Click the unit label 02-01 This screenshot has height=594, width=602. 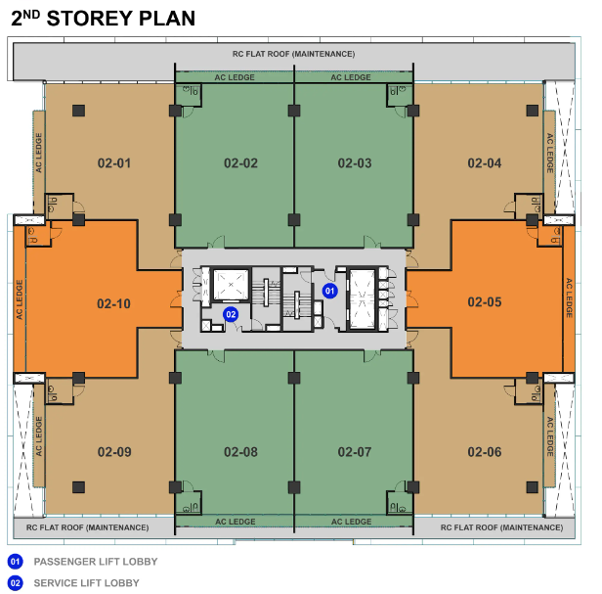pos(114,163)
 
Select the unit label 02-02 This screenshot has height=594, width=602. pos(240,163)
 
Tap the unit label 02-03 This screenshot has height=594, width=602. pos(355,163)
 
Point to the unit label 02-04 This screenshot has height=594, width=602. pos(484,163)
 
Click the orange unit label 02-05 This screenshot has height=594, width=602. pos(484,303)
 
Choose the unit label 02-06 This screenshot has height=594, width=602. pos(484,452)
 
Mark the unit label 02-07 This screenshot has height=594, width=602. pos(355,452)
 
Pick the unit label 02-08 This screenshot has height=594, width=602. pos(240,452)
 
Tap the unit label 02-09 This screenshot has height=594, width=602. pos(114,452)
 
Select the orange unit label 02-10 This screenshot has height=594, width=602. pos(114,304)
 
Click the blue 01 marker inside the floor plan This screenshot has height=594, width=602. pos(330,291)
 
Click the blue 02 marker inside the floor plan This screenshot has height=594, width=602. pos(231,314)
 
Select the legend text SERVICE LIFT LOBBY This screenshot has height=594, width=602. pos(86,583)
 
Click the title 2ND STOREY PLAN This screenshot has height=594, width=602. pos(103,19)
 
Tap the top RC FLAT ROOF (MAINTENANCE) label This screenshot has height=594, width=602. pos(293,53)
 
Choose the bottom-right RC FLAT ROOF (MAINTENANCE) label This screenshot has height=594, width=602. pos(502,527)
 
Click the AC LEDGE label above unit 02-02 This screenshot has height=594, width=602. pos(235,77)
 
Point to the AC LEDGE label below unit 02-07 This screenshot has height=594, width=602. pos(351,522)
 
